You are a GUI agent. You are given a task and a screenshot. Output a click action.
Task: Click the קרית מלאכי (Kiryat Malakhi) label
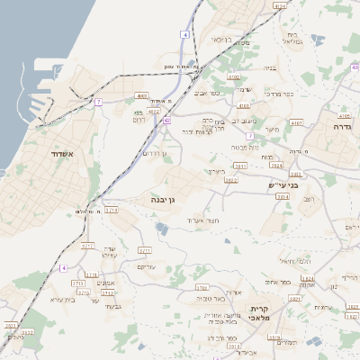coord(266,314)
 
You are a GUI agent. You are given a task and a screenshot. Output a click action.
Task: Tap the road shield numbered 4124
coord(279,6)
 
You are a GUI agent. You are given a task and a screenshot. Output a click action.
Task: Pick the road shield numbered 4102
coord(234,78)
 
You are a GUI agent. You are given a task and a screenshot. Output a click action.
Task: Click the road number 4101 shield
coord(244,105)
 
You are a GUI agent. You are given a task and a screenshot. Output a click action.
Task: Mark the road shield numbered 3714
coord(112,210)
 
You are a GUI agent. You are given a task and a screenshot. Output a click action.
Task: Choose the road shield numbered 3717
coord(87,245)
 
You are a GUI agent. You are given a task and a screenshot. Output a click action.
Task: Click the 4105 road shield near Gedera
coord(344,116)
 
